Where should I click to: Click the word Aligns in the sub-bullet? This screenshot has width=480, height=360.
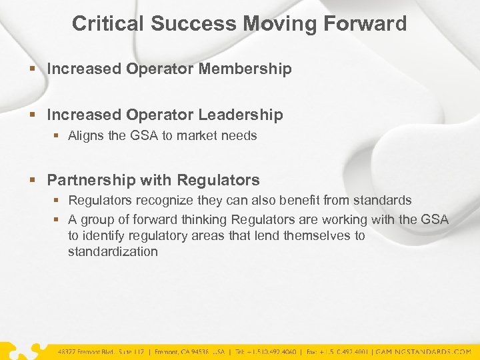(86, 136)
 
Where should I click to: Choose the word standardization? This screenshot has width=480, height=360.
(113, 252)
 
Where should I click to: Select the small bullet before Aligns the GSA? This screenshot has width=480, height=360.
(57, 136)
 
